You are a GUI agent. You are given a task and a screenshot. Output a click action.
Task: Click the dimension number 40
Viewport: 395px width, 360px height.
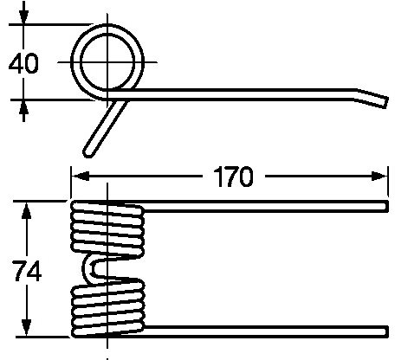click(23, 64)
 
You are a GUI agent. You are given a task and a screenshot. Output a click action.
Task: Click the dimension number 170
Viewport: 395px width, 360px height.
click(233, 177)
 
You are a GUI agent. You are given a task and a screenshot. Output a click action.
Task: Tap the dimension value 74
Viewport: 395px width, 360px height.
click(28, 270)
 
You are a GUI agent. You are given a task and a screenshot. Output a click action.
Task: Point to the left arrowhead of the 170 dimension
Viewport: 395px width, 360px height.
click(80, 177)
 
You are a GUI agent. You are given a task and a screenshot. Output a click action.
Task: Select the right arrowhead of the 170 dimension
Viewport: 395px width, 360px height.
click(379, 177)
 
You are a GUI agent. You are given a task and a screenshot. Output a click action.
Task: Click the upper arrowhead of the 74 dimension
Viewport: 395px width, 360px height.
click(27, 210)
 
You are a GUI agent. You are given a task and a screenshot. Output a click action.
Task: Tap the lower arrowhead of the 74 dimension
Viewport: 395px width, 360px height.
click(27, 327)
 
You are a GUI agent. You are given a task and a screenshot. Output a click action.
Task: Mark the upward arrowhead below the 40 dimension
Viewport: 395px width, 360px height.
click(23, 109)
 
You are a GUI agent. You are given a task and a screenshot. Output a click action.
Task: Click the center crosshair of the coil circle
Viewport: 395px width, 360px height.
click(107, 62)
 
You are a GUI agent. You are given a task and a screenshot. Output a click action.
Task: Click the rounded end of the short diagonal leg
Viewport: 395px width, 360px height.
click(87, 153)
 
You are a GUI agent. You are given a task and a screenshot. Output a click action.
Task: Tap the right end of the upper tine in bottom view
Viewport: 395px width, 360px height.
click(386, 206)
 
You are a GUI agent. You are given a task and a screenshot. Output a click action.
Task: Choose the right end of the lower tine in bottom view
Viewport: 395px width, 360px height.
click(386, 331)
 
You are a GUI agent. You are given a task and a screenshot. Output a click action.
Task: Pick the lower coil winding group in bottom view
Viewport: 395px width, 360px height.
click(107, 308)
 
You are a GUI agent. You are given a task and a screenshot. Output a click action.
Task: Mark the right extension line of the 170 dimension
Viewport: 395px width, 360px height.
click(388, 182)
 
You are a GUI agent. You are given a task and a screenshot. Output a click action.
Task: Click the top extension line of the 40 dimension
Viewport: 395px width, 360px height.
click(50, 24)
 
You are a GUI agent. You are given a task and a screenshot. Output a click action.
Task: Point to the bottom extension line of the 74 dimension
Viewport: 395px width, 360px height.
click(43, 337)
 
